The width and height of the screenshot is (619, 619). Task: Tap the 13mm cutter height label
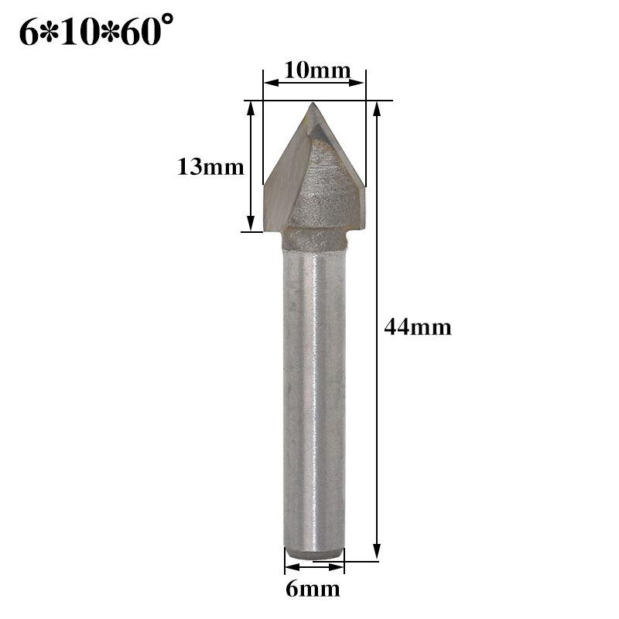210,166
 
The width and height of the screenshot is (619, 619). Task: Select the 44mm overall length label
418,327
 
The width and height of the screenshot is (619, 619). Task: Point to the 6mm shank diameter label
313,589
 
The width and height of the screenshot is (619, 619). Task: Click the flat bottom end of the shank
313,555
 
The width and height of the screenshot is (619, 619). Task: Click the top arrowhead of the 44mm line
377,107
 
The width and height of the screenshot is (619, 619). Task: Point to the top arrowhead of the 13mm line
251,107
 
